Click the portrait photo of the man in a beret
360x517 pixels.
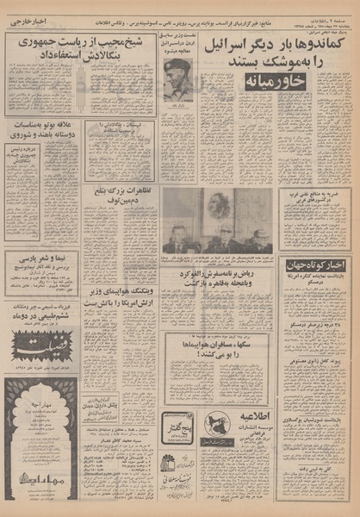pyautogui.click(x=182, y=77)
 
